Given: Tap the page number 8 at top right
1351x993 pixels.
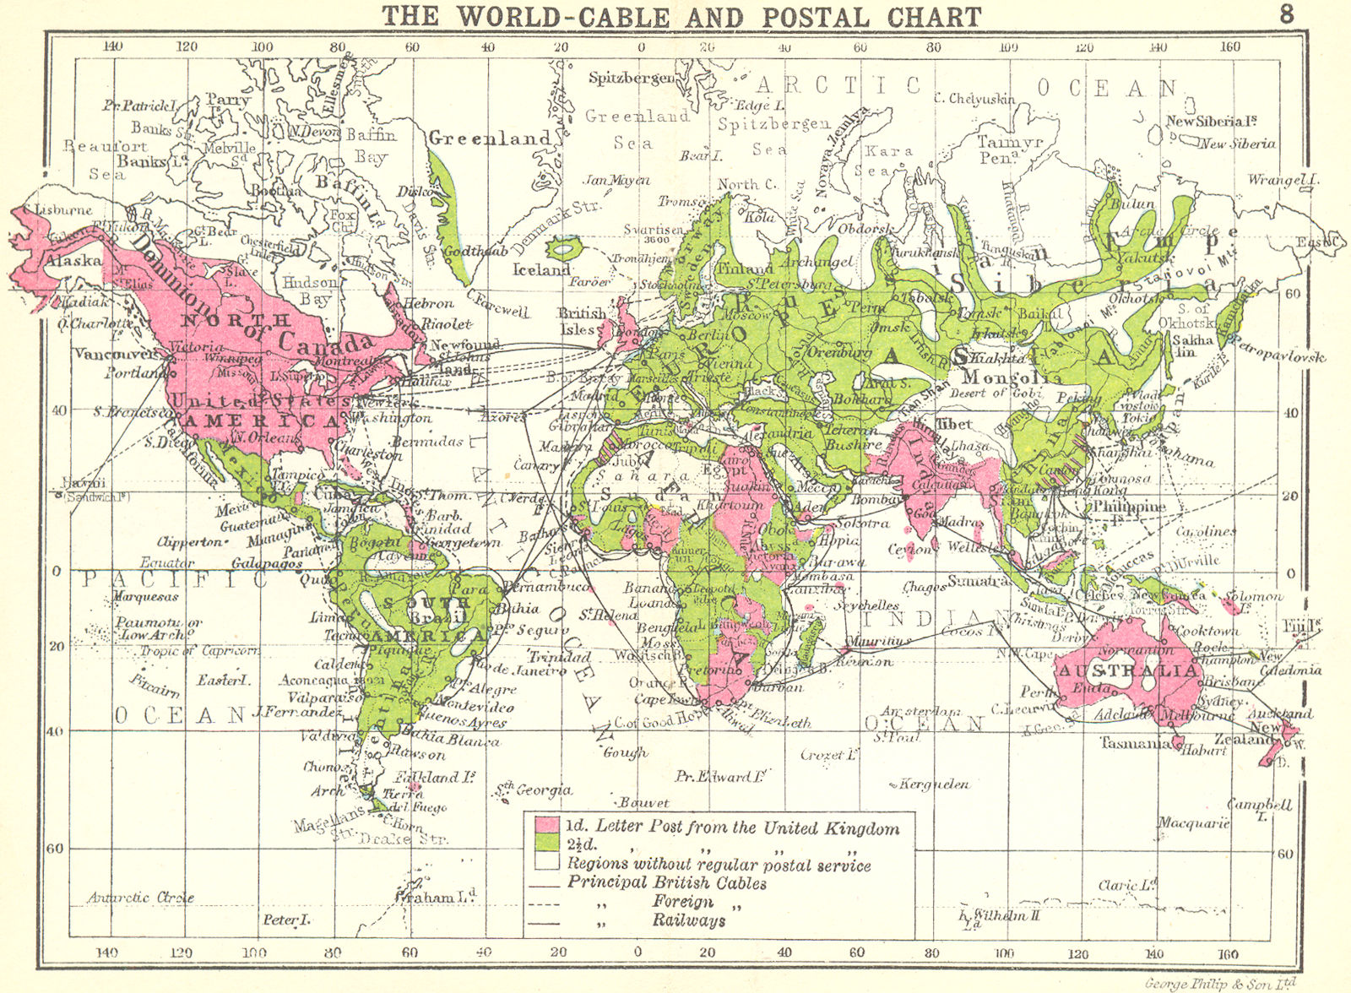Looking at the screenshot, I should pos(1286,14).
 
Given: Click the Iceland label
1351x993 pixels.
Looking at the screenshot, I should pos(542,270).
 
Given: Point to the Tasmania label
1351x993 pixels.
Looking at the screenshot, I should pos(1134,744).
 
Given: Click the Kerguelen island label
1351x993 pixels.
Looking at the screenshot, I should pos(932,784).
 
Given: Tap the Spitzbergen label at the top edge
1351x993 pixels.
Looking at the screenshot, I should pos(632,79).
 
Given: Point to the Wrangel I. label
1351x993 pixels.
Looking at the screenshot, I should pos(1283,180).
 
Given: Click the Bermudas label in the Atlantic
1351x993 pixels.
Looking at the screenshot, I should pos(427,441).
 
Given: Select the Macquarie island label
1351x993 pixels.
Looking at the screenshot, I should pos(1193,822).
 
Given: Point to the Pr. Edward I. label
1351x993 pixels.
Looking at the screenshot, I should pos(719,775).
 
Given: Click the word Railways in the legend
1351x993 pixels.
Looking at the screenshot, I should pos(688,920).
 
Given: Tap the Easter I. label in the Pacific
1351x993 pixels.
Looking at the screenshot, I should pos(224,680).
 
